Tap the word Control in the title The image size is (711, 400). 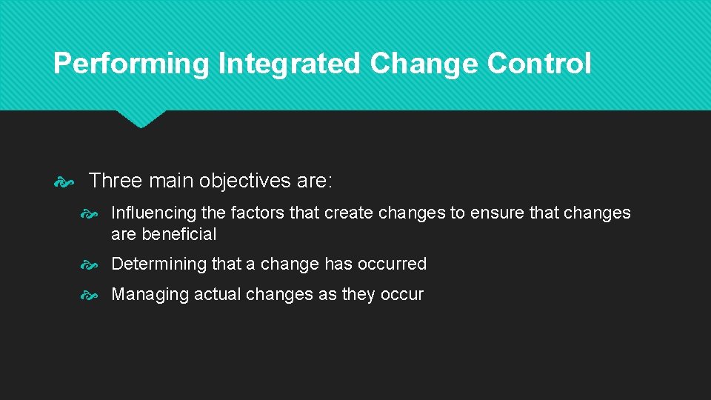(x=539, y=64)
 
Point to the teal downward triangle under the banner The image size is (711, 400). (x=141, y=119)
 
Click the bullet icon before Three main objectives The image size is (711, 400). (x=65, y=180)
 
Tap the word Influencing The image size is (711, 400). (x=153, y=213)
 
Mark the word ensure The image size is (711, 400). (x=497, y=213)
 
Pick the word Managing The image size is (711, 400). (x=150, y=295)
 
